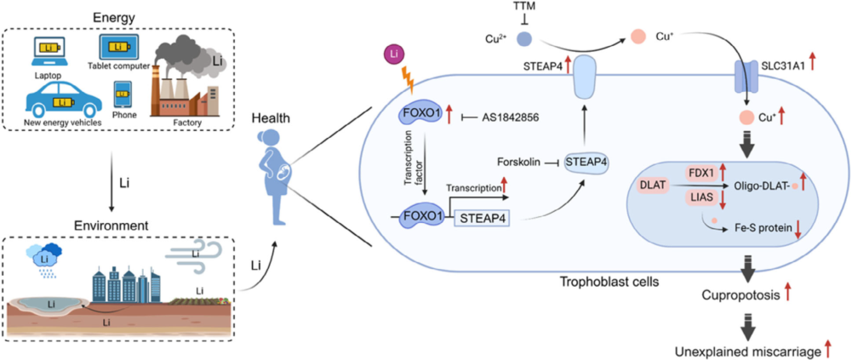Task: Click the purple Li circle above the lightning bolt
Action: [x=392, y=55]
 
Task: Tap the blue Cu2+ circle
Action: [x=524, y=38]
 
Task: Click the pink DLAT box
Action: [x=653, y=184]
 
